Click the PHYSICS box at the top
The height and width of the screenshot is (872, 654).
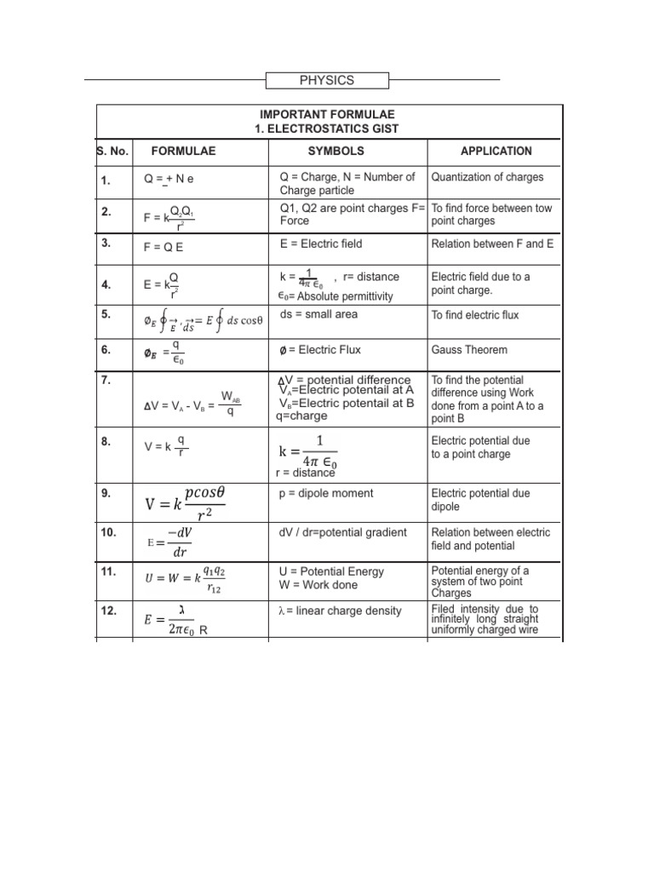click(x=327, y=81)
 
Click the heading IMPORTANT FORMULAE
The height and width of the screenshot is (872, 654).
click(x=326, y=114)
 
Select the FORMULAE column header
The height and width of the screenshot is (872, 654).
click(x=183, y=151)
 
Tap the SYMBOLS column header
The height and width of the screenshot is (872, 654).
click(x=336, y=151)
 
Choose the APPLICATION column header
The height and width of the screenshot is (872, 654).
click(x=496, y=151)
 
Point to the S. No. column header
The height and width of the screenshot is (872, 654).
click(x=112, y=151)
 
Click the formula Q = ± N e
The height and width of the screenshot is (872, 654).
click(x=169, y=180)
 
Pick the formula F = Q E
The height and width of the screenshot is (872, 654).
click(x=163, y=248)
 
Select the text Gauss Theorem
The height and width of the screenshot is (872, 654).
click(x=469, y=350)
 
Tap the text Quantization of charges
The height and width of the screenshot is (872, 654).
click(x=487, y=177)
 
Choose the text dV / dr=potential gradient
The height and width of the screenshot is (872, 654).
click(x=343, y=532)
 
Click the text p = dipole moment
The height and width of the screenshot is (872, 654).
click(x=326, y=493)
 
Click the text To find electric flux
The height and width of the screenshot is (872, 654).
click(x=475, y=315)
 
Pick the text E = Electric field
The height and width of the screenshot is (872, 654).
click(x=321, y=244)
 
